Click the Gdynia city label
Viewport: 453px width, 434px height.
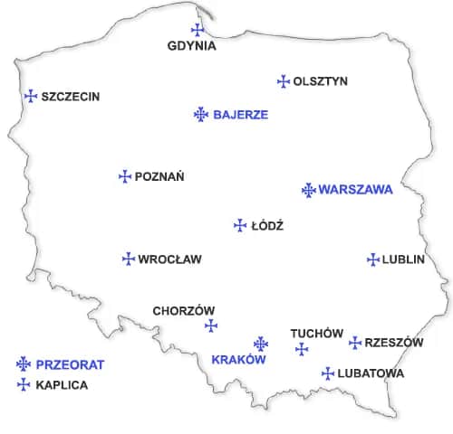192,46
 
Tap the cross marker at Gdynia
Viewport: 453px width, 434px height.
198,30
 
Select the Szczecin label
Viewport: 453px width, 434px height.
70,97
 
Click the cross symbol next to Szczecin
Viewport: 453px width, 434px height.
31,96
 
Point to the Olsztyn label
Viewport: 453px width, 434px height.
320,81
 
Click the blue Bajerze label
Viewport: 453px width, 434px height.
240,115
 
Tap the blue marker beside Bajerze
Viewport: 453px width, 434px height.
201,114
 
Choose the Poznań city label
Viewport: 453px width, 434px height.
159,177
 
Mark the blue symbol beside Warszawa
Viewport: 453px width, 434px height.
308,190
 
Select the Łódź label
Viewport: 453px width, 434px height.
267,226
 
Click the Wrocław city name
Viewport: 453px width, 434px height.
169,259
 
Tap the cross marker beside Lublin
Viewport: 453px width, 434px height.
372,259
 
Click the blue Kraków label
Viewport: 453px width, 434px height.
237,360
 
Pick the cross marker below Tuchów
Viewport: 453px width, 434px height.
302,349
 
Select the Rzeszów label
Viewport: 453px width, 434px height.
393,343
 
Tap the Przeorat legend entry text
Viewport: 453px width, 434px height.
70,365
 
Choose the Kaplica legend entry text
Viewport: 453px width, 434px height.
62,385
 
